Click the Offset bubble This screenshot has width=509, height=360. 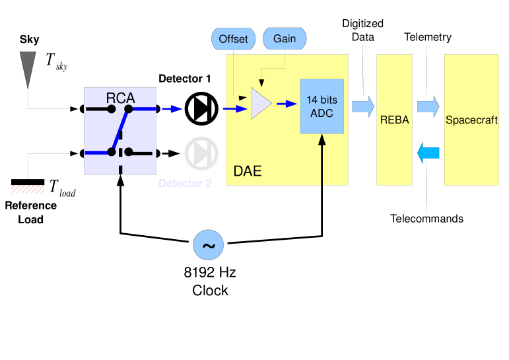tap(233, 39)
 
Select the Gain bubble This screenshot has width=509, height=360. tap(285, 39)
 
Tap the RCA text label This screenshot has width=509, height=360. tap(120, 98)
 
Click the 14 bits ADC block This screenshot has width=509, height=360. tap(322, 106)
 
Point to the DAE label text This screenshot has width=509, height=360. tap(248, 172)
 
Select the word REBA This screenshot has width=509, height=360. tap(394, 120)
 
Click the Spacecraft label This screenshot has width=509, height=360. tap(471, 120)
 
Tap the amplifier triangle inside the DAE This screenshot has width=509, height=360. tap(260, 104)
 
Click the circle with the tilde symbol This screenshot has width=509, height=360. tap(208, 246)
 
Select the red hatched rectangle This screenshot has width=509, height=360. tap(28, 190)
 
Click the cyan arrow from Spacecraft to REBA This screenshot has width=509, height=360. tap(428, 153)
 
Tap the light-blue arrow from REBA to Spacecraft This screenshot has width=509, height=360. tap(428, 106)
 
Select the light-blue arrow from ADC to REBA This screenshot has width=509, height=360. tap(362, 106)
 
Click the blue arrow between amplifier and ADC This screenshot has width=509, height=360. tap(286, 104)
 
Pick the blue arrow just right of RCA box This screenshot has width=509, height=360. tap(172, 109)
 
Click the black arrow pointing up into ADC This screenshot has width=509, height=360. tap(322, 159)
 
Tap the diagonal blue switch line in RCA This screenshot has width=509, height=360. tap(119, 131)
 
